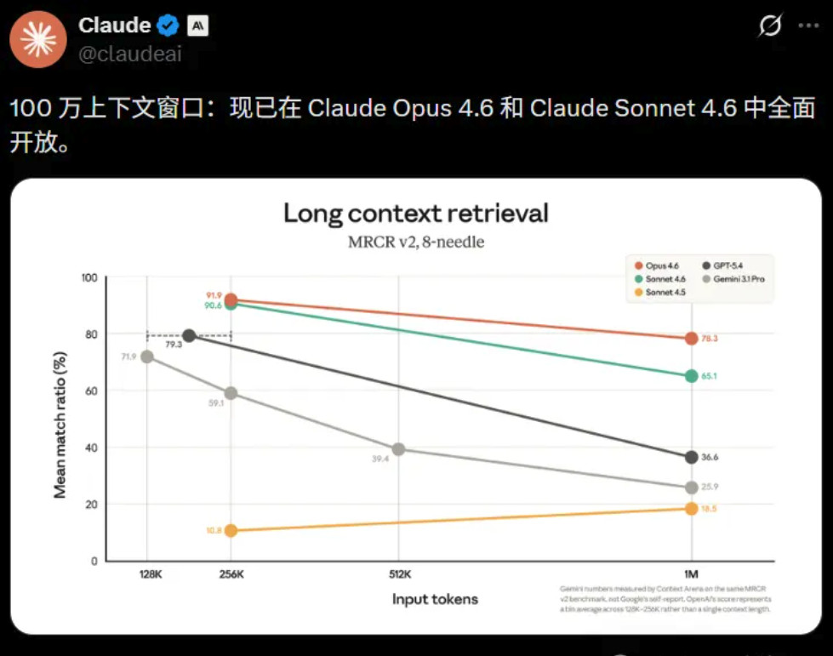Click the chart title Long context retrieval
click(x=416, y=213)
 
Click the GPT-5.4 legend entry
click(x=725, y=265)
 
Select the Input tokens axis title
click(x=435, y=599)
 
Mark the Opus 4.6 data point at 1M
click(x=691, y=339)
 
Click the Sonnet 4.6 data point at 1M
click(x=691, y=376)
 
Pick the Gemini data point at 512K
click(x=398, y=449)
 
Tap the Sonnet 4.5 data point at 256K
click(x=231, y=530)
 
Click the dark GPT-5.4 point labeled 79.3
click(x=189, y=336)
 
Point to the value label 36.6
click(x=710, y=458)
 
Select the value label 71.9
click(x=128, y=356)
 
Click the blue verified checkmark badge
click(x=168, y=26)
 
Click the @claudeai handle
click(x=130, y=55)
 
